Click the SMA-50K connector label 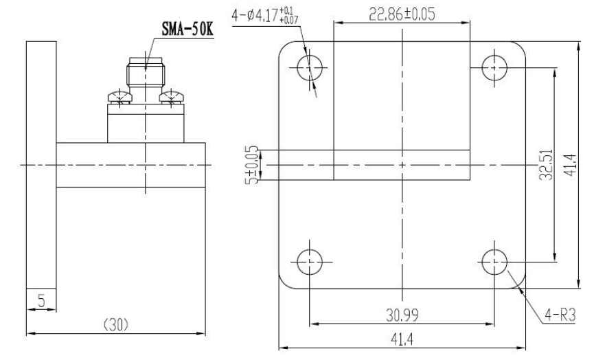(187, 29)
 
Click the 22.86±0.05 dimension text (402, 14)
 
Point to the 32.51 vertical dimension (546, 164)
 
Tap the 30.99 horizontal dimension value (402, 315)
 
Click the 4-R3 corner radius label (560, 315)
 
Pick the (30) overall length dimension (116, 325)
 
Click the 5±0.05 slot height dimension (252, 165)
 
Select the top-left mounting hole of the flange (310, 68)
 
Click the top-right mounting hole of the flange (494, 68)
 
